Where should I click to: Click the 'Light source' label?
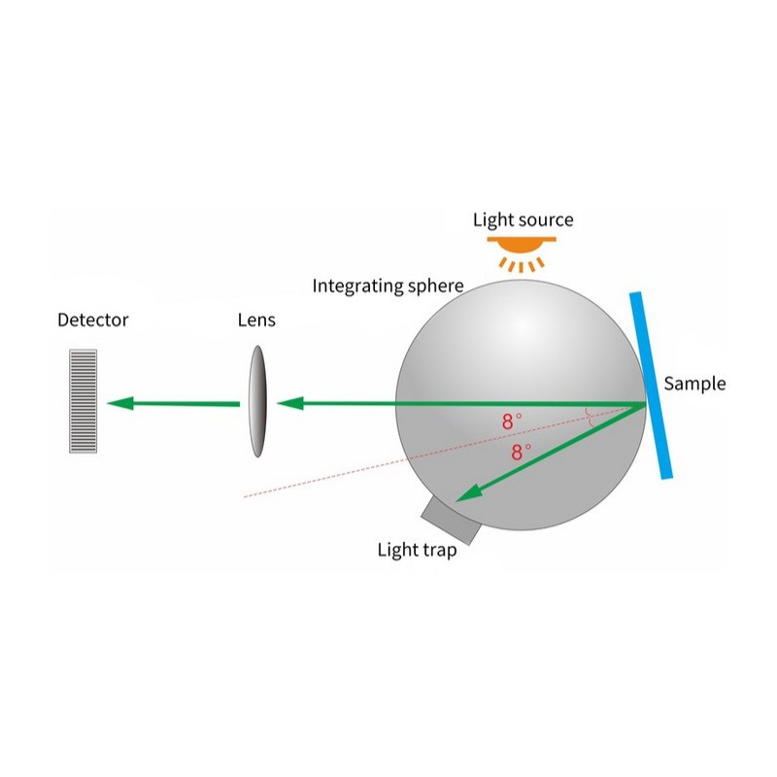pyautogui.click(x=523, y=220)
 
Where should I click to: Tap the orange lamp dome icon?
pyautogui.click(x=523, y=242)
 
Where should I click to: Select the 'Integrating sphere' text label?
pyautogui.click(x=388, y=286)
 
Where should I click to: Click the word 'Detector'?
pyautogui.click(x=92, y=320)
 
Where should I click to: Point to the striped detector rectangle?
pyautogui.click(x=84, y=401)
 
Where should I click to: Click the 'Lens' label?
pyautogui.click(x=256, y=320)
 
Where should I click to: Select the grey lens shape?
pyautogui.click(x=256, y=401)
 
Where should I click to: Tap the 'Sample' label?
pyautogui.click(x=694, y=384)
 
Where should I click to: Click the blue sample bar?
pyautogui.click(x=651, y=386)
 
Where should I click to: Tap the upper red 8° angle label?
pyautogui.click(x=512, y=422)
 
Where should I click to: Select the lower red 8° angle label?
pyautogui.click(x=522, y=452)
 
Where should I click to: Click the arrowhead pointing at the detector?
pyautogui.click(x=118, y=402)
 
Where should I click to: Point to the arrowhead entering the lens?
pyautogui.click(x=288, y=402)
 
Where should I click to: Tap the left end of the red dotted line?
pyautogui.click(x=244, y=497)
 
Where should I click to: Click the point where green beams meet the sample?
pyautogui.click(x=646, y=403)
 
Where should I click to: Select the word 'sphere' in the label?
pyautogui.click(x=436, y=286)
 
